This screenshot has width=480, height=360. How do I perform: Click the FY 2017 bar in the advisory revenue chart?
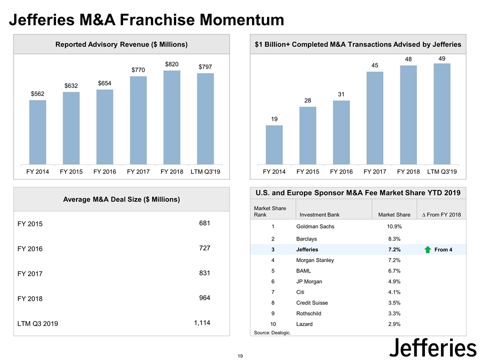point(138,120)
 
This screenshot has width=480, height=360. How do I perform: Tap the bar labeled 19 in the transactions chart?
point(274,144)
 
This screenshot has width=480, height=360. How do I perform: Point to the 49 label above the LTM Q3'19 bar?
point(442,58)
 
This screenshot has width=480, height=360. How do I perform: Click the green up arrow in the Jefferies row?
point(427,249)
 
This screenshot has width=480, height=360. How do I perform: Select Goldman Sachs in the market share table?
point(315,226)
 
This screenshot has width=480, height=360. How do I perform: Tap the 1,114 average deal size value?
point(202,323)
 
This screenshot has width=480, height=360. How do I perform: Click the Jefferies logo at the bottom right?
point(432,346)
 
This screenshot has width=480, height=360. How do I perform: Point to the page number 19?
point(240,355)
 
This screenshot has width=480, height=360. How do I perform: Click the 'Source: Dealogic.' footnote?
point(272,332)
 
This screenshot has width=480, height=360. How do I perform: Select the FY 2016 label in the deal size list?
point(29,249)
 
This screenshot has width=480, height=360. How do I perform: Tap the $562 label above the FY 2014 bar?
point(37,93)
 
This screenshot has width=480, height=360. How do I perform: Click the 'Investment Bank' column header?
point(319,215)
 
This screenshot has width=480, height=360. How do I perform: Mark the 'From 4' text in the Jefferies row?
point(443,249)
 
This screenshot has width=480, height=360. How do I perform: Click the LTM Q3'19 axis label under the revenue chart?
point(205,172)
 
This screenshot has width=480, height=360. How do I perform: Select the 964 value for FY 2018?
point(203,298)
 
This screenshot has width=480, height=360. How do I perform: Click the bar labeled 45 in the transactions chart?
point(374,118)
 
